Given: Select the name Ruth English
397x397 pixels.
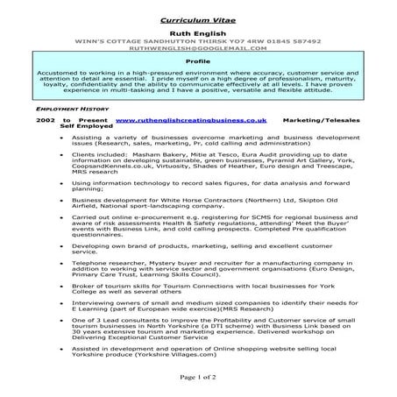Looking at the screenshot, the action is (x=198, y=30).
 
